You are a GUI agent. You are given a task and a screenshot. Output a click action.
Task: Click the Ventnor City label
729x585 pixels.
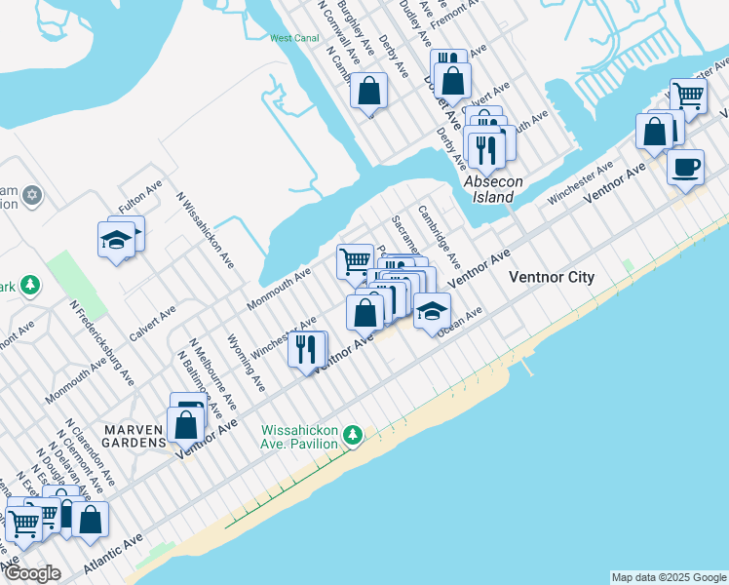coord(552,278)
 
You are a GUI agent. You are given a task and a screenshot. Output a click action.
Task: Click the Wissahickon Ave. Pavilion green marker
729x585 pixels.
coord(356,434)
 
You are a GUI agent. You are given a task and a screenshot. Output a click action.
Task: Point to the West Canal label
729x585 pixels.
coord(294,39)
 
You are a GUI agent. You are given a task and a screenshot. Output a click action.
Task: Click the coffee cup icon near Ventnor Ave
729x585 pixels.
coord(685,167)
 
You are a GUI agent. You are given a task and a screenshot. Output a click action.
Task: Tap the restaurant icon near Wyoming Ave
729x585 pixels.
coord(307,350)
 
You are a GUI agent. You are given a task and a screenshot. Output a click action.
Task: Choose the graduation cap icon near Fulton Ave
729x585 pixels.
coord(116,239)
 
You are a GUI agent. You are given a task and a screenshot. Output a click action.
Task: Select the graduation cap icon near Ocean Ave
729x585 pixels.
coord(432,312)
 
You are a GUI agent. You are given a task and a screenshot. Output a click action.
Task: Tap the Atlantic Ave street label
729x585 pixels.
coord(112,552)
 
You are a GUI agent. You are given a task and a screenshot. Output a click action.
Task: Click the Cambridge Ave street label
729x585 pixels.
coord(439,237)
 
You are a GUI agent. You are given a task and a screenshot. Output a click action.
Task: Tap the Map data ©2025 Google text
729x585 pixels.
coord(669,577)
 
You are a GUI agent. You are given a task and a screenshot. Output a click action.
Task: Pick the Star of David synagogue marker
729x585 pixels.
coord(31,196)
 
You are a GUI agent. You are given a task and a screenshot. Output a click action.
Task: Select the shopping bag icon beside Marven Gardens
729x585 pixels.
coord(184,425)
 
